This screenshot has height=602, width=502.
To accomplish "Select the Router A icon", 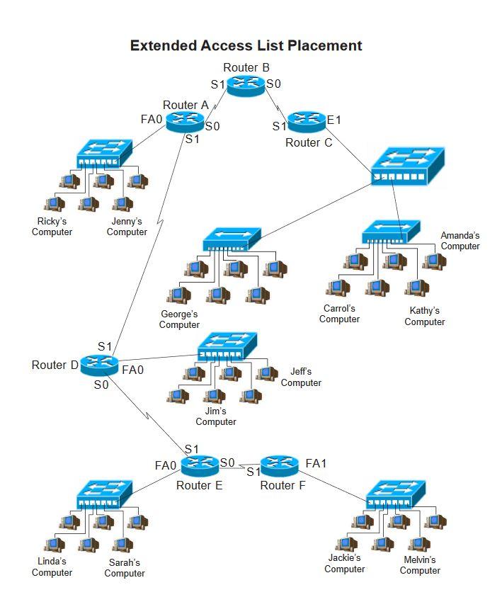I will [185, 122].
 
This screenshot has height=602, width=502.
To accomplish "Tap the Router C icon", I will [307, 122].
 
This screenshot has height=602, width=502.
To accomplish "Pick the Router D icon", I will [98, 365].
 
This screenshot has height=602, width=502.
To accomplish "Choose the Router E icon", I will [201, 466].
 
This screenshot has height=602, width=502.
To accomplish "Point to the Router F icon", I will [280, 466].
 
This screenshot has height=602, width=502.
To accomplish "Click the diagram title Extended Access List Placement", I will [246, 46].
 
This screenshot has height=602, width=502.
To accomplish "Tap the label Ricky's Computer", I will [52, 227].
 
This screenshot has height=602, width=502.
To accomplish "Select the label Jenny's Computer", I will [127, 227].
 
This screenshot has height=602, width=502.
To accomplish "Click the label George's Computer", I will [179, 319].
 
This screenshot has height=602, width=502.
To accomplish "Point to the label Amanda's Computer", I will [460, 241].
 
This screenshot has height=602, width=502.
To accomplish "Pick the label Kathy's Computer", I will [425, 317].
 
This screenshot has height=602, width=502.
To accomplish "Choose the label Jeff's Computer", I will [301, 377].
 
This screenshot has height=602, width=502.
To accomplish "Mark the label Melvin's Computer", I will [420, 565].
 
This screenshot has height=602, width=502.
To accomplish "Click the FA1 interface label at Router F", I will [316, 464].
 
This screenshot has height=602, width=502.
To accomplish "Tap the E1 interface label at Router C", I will [333, 120].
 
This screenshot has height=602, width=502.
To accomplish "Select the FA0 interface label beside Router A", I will [152, 119].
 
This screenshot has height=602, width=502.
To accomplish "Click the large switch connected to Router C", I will [408, 167].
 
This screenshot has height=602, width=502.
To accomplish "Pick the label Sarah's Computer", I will [125, 568].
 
